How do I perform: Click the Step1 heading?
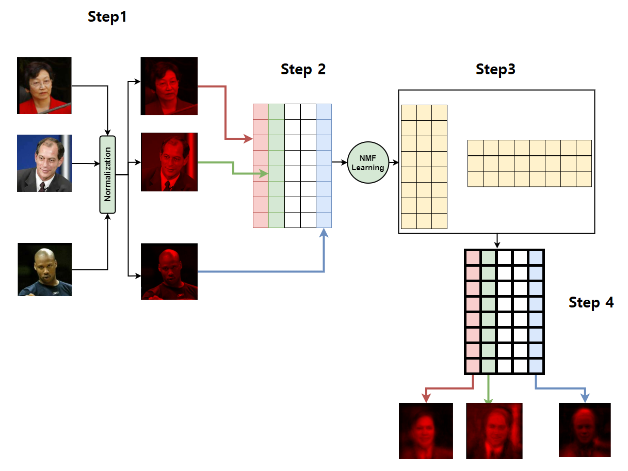coord(107,17)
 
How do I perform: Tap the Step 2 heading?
coord(303,69)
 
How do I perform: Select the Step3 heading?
coord(495,69)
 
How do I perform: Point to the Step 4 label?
coord(591,302)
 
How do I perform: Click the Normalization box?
coord(107,174)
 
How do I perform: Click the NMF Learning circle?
coord(368,163)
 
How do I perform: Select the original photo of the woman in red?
coord(44,86)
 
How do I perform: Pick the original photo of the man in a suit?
coord(44,163)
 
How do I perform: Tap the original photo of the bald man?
coord(45,269)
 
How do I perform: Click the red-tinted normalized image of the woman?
coord(169,86)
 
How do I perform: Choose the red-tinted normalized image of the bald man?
coord(169,271)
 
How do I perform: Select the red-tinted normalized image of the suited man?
coord(169,162)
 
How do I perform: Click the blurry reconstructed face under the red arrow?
coord(426,431)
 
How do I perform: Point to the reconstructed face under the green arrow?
coord(494,431)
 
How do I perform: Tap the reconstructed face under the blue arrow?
coord(585,430)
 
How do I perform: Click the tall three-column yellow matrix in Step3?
coord(424,167)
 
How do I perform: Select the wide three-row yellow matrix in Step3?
coord(529,163)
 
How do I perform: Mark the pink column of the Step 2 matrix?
coord(261,166)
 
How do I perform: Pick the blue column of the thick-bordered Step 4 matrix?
coord(536,312)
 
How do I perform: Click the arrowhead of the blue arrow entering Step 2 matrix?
coord(324,233)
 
